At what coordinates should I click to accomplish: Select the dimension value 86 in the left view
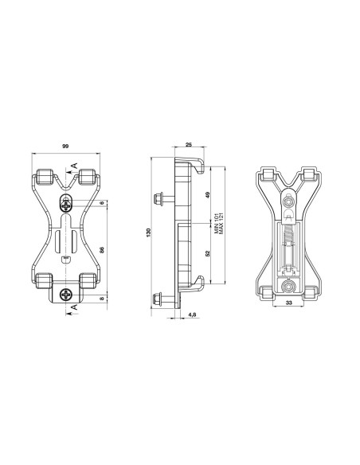tap(102, 249)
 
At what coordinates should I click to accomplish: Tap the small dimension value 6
tap(102, 203)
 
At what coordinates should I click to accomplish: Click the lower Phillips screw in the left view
tap(66, 295)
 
